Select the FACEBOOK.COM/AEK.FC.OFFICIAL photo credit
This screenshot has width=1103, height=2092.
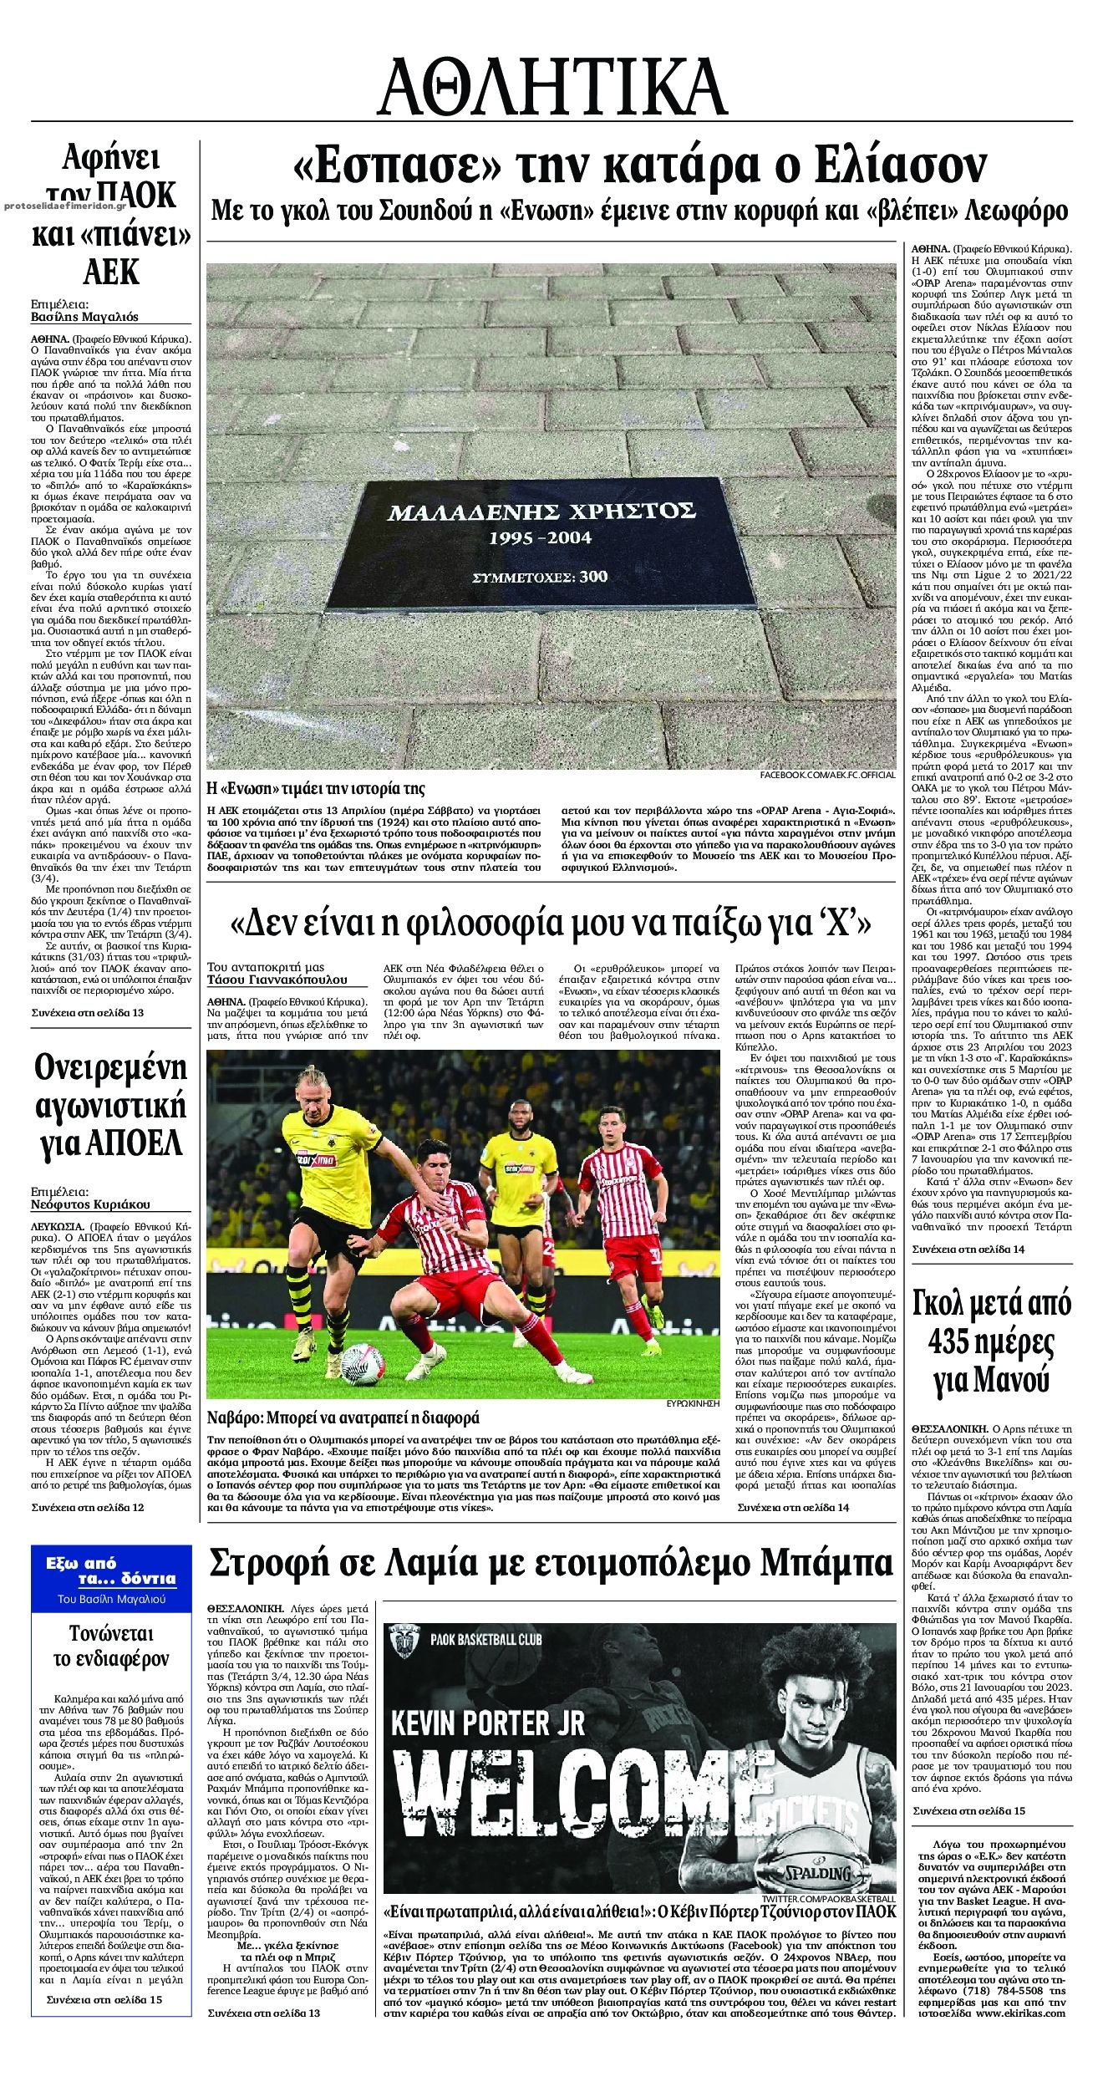pos(827,776)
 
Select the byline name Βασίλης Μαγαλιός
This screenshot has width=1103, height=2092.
pos(84,317)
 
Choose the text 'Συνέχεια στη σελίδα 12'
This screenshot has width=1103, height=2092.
pos(88,1508)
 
